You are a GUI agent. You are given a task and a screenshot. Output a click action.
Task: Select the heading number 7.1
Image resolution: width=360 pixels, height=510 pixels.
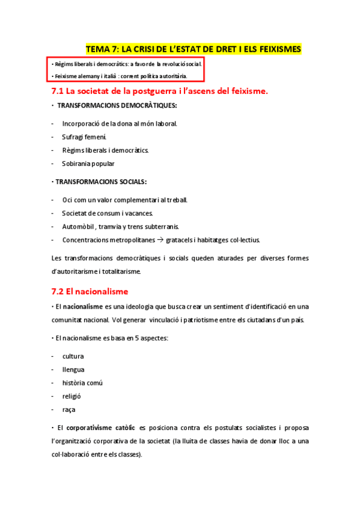click(x=58, y=91)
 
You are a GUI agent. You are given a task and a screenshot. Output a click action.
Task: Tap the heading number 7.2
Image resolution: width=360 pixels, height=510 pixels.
click(x=58, y=292)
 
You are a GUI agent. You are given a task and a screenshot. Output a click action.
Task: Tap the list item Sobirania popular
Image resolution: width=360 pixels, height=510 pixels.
click(x=88, y=164)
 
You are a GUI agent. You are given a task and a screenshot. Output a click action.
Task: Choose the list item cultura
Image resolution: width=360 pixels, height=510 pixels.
click(x=73, y=356)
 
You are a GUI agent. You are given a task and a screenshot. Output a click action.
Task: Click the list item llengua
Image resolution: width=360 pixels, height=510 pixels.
click(x=73, y=369)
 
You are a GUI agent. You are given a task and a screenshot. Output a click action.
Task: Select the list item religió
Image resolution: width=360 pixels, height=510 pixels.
click(x=72, y=396)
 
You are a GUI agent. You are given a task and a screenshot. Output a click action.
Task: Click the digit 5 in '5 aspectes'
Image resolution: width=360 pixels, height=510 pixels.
click(x=121, y=338)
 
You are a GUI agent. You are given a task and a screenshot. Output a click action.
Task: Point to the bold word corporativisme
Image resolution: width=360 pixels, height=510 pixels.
click(x=100, y=428)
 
